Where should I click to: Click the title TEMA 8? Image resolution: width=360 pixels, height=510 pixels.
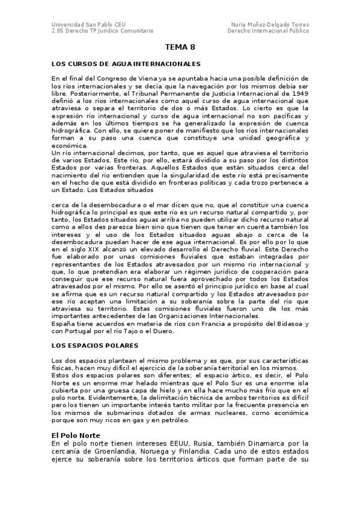point(180,47)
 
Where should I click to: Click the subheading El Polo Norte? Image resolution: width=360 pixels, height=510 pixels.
point(75,435)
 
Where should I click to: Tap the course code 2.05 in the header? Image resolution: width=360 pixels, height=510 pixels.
point(58,30)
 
